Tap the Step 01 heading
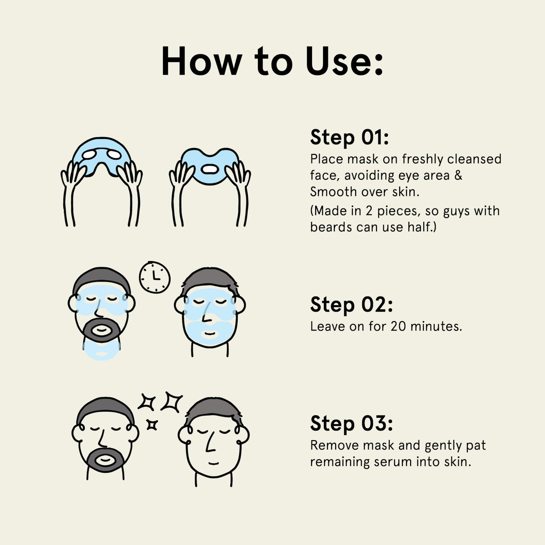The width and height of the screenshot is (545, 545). (349, 138)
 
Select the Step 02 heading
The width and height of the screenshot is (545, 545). (351, 305)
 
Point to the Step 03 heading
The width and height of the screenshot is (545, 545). (351, 424)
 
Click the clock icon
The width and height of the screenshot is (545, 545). (154, 277)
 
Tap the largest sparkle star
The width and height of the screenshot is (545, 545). (172, 402)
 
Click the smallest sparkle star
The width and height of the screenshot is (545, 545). (152, 425)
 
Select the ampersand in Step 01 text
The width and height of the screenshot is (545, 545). (458, 175)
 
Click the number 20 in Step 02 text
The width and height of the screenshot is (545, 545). (398, 327)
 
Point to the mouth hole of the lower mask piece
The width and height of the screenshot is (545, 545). (209, 169)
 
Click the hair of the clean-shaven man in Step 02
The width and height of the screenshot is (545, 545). (210, 279)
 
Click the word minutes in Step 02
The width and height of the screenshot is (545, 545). (436, 327)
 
